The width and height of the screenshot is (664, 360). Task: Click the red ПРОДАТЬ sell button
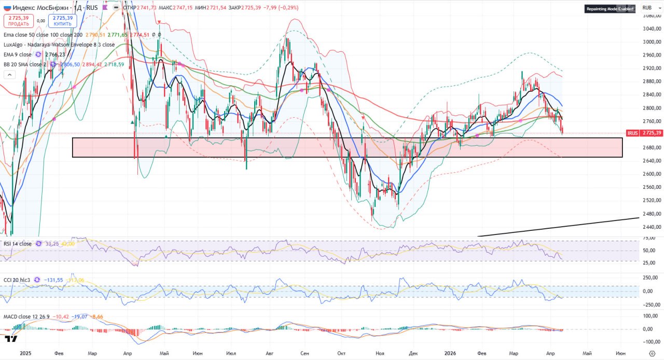pos(19,21)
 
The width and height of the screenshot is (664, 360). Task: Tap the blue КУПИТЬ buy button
pos(62,21)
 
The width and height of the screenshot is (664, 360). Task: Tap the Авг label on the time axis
pos(269,353)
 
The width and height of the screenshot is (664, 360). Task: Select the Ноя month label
pos(380,353)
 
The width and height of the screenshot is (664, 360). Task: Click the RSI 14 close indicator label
pos(18,243)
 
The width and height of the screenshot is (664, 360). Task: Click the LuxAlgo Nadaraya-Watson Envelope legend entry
pos(59,45)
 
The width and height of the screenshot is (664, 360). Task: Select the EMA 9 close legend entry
pos(18,54)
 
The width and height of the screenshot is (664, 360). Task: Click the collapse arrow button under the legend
pos(9,75)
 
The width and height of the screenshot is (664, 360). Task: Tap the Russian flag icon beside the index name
pos(6,8)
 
